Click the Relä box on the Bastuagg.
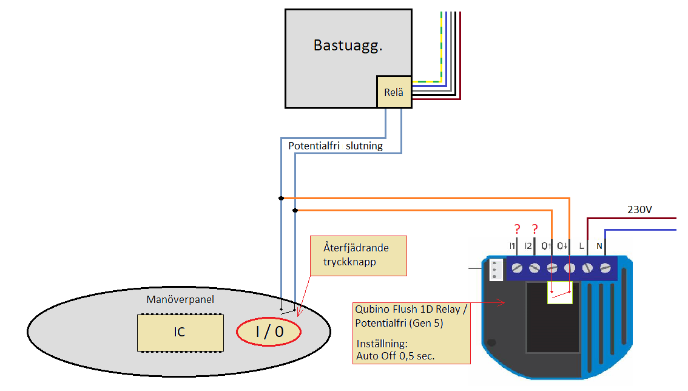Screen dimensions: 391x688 click(394, 92)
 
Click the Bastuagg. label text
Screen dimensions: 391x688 click(348, 46)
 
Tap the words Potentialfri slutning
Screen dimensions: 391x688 click(336, 146)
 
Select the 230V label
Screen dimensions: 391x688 click(639, 209)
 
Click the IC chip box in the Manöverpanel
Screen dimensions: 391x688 click(180, 332)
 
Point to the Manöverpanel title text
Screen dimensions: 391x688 click(180, 299)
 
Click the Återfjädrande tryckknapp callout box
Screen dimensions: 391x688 click(358, 255)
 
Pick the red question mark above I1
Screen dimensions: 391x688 click(517, 229)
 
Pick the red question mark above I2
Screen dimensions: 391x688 click(535, 229)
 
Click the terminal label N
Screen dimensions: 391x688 click(599, 246)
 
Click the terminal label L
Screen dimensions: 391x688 click(582, 246)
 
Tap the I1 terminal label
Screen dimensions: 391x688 click(513, 246)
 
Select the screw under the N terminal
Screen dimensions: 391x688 click(605, 268)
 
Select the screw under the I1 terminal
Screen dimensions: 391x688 click(517, 268)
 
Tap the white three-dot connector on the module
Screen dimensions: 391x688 click(496, 269)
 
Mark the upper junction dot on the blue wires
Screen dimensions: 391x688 click(281, 198)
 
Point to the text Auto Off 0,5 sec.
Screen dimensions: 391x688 click(396, 356)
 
